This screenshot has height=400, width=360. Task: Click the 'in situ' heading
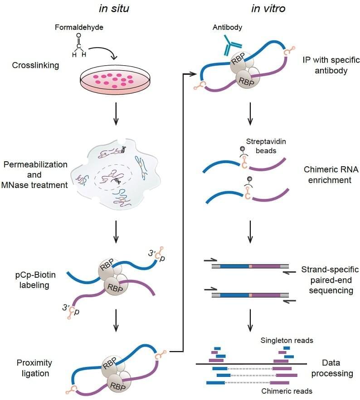114,8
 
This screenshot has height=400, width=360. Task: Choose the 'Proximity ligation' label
34,368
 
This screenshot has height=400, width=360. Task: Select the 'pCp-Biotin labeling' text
31,281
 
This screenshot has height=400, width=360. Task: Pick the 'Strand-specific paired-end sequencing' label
330,280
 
